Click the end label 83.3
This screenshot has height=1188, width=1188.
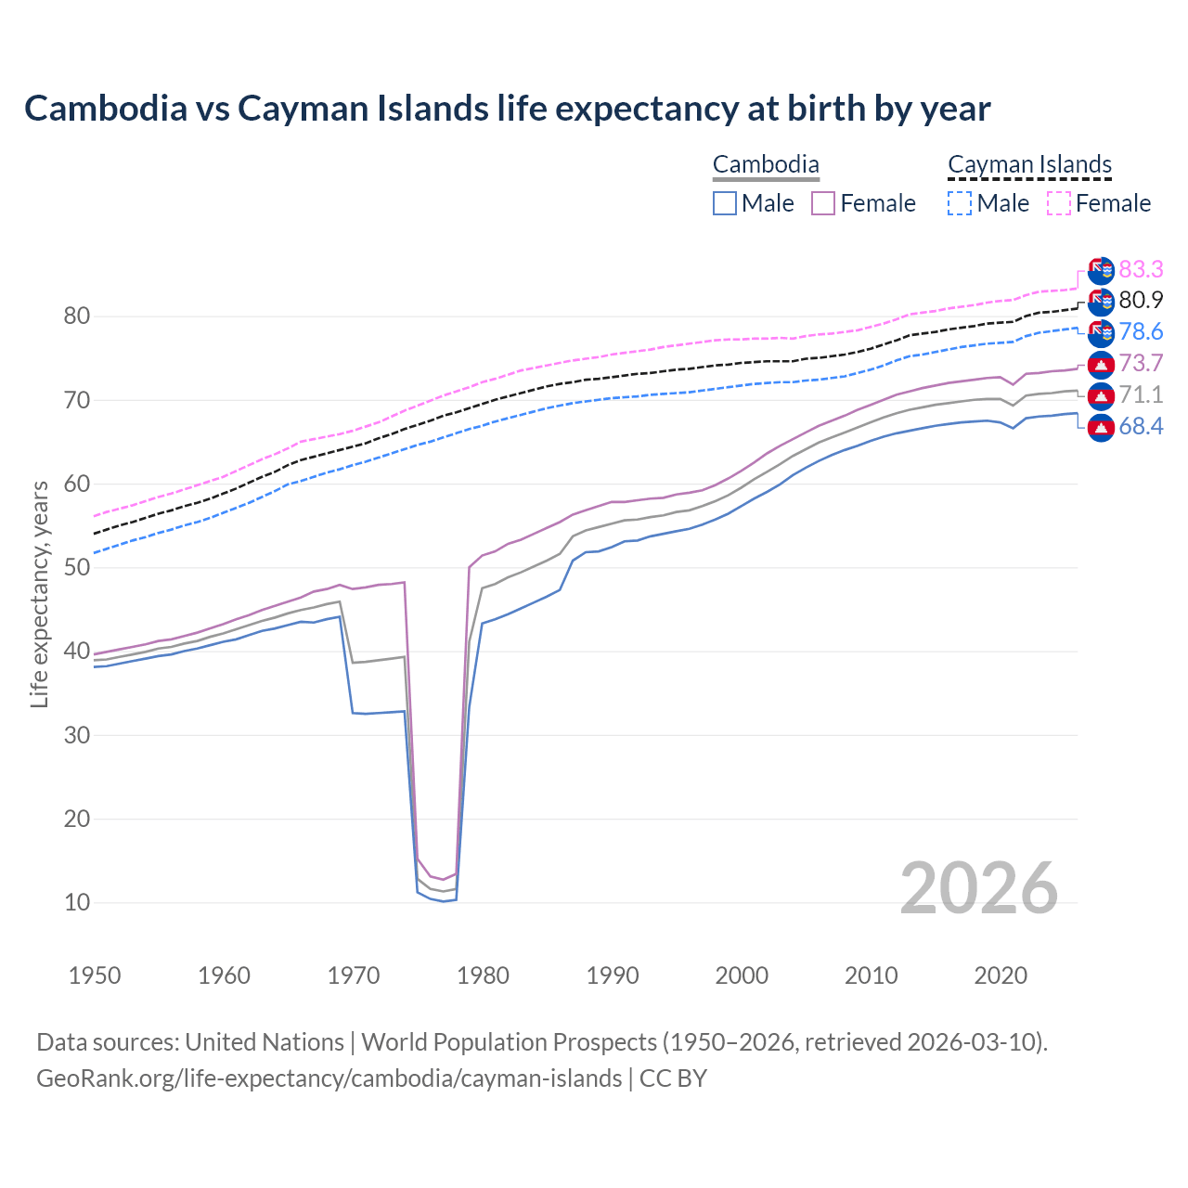(x=1141, y=269)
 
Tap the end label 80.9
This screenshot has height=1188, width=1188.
(x=1141, y=300)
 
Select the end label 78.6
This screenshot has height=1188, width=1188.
(x=1141, y=331)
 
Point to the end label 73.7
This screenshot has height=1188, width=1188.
(x=1141, y=363)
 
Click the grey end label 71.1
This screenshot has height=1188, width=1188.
(x=1141, y=394)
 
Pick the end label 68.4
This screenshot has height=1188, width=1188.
(x=1141, y=427)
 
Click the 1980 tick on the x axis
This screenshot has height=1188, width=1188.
(x=484, y=975)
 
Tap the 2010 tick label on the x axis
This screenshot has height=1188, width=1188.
(x=872, y=975)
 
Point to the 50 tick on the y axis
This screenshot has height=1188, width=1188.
(x=77, y=568)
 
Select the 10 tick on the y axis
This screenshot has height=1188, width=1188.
(x=77, y=902)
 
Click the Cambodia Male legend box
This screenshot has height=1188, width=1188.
(x=725, y=203)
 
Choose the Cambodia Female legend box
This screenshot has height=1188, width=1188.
(x=823, y=203)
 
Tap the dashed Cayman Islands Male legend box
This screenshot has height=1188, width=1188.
(x=960, y=203)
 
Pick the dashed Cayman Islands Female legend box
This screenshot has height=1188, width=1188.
(x=1058, y=203)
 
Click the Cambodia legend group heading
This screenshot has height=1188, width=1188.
(x=766, y=165)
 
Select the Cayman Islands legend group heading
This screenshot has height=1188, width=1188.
(x=1029, y=165)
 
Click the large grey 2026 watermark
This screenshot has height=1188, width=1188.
(x=979, y=889)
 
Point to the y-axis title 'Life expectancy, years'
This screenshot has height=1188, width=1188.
(x=39, y=594)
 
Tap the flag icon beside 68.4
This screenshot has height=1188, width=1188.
(x=1101, y=428)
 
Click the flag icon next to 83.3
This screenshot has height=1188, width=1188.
(x=1101, y=270)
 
